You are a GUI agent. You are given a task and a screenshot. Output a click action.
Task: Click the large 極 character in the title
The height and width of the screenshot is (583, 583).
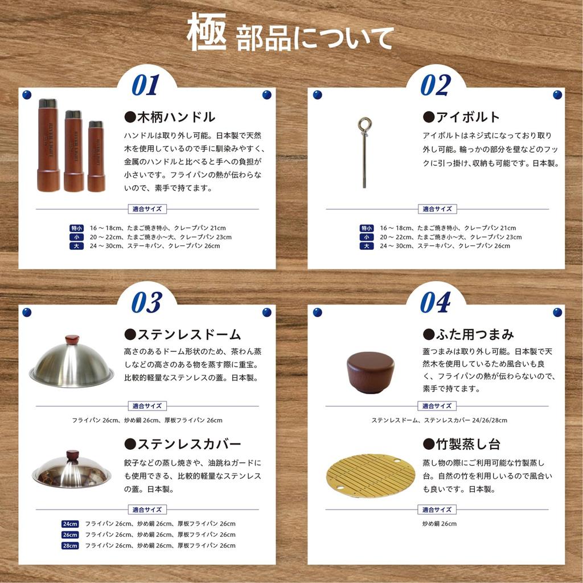coord(207,32)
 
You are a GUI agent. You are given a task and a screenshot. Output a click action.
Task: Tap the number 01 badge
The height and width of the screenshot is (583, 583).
coord(145,85)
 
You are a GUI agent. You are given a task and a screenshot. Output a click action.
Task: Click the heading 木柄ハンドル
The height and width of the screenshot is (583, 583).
coord(170,117)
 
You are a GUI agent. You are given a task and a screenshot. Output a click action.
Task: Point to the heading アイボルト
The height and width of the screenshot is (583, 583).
coord(461,117)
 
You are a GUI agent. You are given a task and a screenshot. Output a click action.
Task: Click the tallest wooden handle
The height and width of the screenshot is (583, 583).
coord(48,145)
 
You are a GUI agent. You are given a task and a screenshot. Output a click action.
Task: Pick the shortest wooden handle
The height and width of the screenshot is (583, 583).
coord(96,156)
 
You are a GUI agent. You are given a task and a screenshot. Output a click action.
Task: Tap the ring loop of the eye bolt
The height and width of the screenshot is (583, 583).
coord(363,124)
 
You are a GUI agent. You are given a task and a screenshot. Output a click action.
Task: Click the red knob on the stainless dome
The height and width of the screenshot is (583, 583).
coord(72,340)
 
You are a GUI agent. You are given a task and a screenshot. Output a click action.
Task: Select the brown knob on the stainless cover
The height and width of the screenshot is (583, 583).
coord(72,455)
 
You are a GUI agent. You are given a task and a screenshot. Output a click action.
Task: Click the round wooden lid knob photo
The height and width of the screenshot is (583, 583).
coord(371,371)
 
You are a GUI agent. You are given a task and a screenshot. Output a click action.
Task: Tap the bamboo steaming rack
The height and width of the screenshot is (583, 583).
coord(371,476)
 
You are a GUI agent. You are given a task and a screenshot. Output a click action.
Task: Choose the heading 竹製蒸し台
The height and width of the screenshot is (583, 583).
coord(461,444)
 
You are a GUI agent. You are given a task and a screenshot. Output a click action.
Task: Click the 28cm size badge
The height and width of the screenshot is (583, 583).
coord(70,545)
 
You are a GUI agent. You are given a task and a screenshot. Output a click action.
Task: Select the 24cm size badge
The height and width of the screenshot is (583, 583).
coord(70,524)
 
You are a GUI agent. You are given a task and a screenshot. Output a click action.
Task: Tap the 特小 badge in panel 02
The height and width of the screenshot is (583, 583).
coord(367,228)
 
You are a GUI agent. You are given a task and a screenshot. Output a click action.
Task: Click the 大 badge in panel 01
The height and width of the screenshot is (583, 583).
coord(76,246)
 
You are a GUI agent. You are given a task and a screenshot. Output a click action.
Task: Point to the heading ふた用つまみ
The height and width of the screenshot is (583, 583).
coord(468,334)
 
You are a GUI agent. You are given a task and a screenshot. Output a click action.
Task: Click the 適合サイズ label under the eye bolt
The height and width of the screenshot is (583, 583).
coord(437,209)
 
